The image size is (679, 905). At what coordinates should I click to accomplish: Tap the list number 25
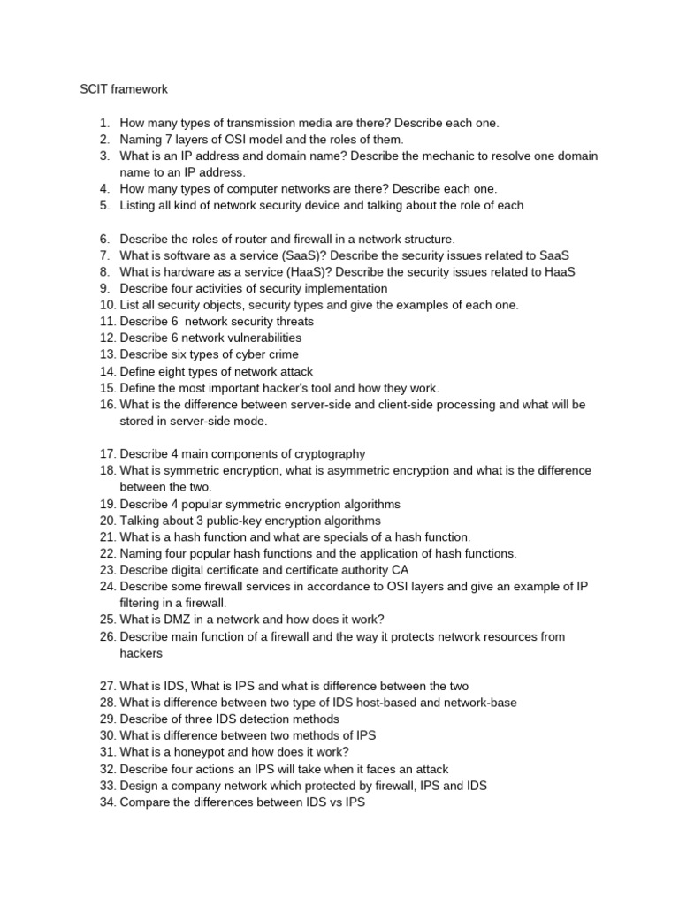pyautogui.click(x=108, y=619)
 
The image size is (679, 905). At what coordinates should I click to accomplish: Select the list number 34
pyautogui.click(x=108, y=802)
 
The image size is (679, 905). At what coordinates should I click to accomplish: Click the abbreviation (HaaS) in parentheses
pyautogui.click(x=309, y=272)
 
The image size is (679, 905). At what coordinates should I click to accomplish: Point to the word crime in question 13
pyautogui.click(x=280, y=354)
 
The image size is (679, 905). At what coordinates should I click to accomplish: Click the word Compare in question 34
pyautogui.click(x=145, y=802)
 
